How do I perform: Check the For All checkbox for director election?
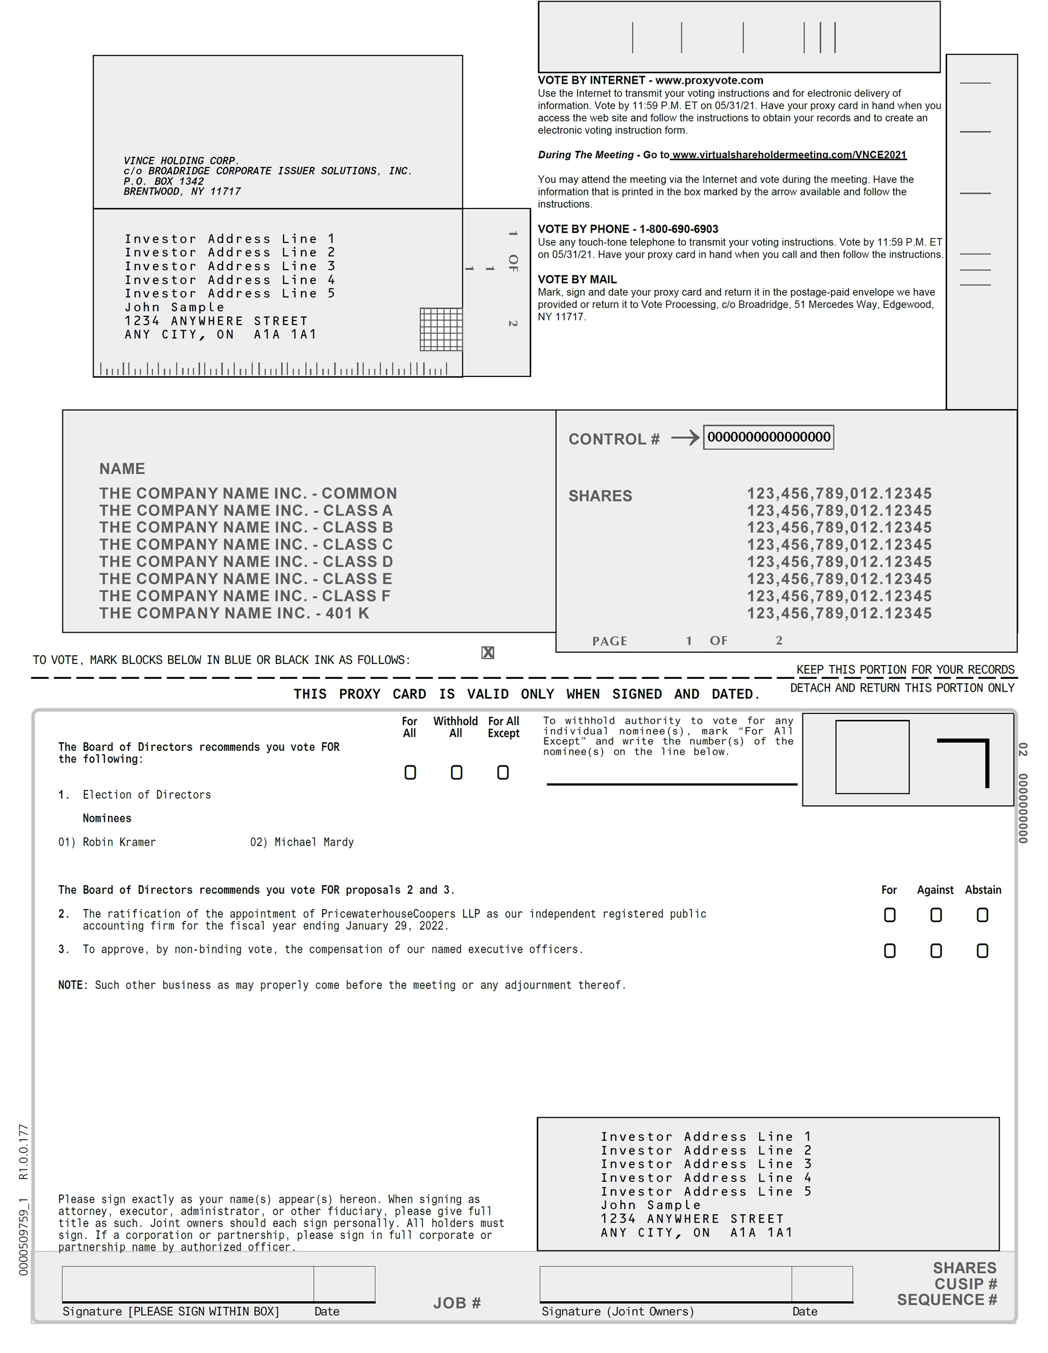(x=410, y=772)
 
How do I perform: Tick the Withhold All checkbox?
(x=456, y=772)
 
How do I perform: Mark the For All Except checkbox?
(x=503, y=772)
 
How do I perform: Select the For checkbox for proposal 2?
(x=889, y=915)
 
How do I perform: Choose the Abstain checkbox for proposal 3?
(x=982, y=951)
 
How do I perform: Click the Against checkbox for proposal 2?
(x=936, y=915)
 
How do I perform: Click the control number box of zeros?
(x=769, y=437)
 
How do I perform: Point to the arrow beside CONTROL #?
(x=685, y=438)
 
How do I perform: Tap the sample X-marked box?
(x=488, y=653)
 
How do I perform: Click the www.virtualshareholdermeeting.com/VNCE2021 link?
(x=789, y=155)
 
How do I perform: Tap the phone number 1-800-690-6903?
(x=679, y=229)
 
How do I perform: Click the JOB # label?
(x=457, y=1303)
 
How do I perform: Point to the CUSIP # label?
(x=966, y=1284)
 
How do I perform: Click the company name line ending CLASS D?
(x=246, y=562)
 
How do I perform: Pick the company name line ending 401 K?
(x=234, y=613)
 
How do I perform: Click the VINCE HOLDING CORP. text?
(x=182, y=161)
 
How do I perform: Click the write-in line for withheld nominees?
(x=672, y=784)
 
